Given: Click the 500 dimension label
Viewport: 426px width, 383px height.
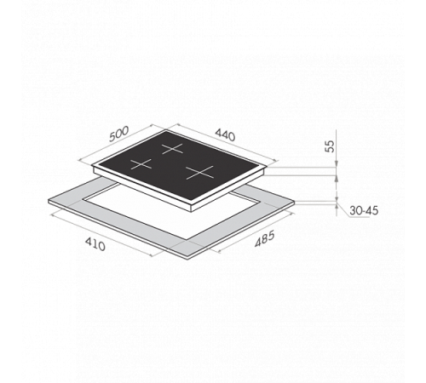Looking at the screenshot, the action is tap(119, 134).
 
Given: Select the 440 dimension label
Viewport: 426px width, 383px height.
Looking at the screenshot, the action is tap(225, 134).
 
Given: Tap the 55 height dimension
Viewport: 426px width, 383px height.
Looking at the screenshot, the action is tap(330, 146).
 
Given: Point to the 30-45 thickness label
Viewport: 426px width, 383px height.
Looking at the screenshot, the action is tap(364, 211).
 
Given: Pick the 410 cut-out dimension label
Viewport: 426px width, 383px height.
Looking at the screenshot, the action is tap(95, 244).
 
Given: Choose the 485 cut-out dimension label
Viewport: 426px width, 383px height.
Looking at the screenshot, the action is tap(264, 239).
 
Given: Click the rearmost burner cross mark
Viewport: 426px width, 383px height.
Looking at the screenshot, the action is tap(173, 149).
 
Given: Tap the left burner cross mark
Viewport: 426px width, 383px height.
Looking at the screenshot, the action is tap(141, 164).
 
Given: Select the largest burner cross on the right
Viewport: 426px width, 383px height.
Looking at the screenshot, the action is tap(199, 172).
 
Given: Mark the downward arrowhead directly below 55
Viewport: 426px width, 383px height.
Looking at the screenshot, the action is tap(337, 164).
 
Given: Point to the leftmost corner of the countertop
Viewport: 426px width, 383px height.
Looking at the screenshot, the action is tap(49, 201).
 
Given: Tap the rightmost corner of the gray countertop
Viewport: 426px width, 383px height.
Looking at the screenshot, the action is tap(295, 201).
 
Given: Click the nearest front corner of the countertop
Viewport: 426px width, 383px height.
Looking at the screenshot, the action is tap(188, 259).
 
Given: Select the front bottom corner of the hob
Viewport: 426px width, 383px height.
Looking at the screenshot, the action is tap(192, 212).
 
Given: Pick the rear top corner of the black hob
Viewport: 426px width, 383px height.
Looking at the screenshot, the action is tap(166, 130).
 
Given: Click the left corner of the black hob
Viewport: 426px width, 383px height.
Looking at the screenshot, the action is tap(93, 166).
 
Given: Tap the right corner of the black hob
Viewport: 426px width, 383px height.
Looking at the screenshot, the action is tap(267, 168).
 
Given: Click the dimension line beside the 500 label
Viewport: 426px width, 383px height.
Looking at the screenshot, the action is tap(116, 142).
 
